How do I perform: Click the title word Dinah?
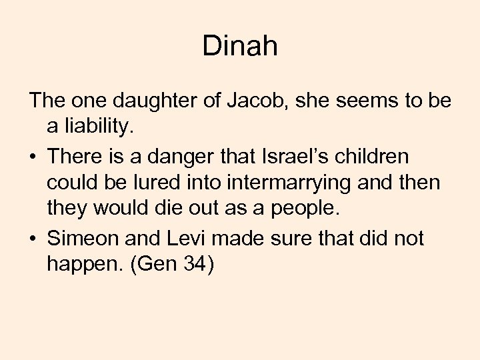tap(239, 47)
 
